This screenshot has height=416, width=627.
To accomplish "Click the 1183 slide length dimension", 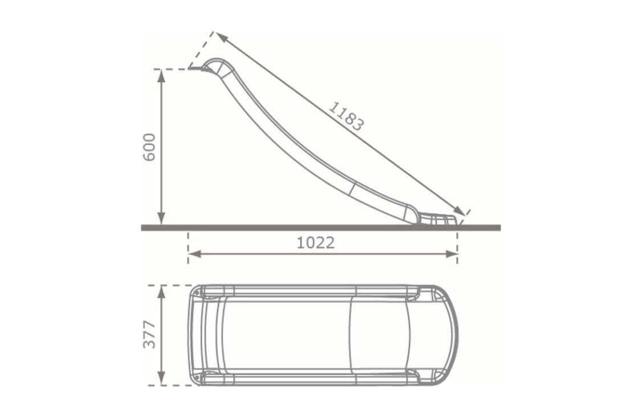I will pyautogui.click(x=346, y=116).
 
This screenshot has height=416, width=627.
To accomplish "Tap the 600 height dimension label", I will pyautogui.click(x=149, y=147).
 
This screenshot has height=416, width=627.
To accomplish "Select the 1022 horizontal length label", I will pyautogui.click(x=315, y=243).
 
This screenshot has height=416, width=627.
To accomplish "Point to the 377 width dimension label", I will pyautogui.click(x=149, y=335).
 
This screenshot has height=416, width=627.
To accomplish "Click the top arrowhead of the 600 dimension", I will pyautogui.click(x=161, y=75).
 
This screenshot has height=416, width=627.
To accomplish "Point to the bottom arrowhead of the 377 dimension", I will pyautogui.click(x=161, y=380).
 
